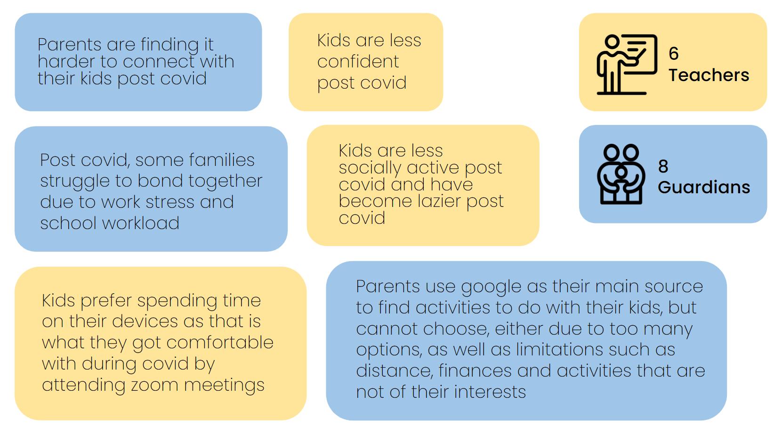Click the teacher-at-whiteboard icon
pyautogui.click(x=627, y=65)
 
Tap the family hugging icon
pyautogui.click(x=621, y=174)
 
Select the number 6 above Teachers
pyautogui.click(x=673, y=53)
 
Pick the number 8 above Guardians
pyautogui.click(x=663, y=166)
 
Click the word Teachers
pyautogui.click(x=709, y=75)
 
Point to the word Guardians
pyautogui.click(x=704, y=188)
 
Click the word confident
pyautogui.click(x=358, y=62)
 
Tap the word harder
pyautogui.click(x=66, y=62)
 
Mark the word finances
pyautogui.click(x=475, y=370)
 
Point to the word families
pyautogui.click(x=221, y=160)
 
